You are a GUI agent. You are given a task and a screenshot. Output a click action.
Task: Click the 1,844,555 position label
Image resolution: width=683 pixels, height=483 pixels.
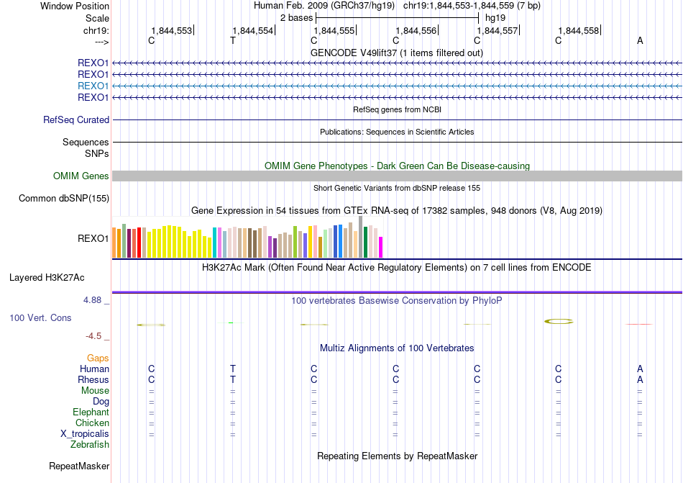point(334,31)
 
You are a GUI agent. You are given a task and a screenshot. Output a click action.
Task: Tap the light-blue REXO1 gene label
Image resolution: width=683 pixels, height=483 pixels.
point(93,86)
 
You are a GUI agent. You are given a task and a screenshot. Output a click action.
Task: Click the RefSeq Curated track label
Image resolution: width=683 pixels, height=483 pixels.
point(76,120)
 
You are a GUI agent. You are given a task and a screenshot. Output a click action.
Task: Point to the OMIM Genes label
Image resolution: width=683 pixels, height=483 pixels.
point(81,176)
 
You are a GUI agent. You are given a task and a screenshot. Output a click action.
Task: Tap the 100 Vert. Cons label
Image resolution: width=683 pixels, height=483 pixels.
point(40,317)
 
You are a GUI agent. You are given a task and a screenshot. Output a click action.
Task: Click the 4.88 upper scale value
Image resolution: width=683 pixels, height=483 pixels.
point(96,299)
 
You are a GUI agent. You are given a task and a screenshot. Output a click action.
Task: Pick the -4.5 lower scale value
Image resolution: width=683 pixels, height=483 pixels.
point(96,335)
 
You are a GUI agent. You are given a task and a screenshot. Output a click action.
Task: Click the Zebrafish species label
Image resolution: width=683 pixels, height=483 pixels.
point(90,445)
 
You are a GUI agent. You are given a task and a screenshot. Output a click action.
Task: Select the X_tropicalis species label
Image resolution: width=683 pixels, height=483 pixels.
point(85,434)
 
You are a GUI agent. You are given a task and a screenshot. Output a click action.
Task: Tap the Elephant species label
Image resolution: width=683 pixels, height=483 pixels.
point(91,412)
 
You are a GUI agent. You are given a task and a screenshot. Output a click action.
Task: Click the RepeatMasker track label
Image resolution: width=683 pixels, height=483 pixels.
point(79,466)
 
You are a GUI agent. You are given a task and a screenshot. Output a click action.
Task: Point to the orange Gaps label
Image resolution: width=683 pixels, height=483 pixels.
point(98,358)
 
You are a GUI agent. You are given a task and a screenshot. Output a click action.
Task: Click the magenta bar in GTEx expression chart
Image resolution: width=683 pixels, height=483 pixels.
point(381,247)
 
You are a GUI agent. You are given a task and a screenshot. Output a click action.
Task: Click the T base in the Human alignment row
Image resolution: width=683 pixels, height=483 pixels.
point(233,369)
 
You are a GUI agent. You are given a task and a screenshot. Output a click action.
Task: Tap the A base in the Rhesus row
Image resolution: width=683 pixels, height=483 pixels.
point(640,380)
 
